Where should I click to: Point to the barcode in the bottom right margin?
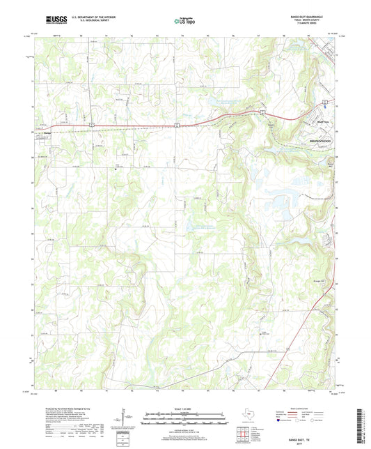360,429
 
